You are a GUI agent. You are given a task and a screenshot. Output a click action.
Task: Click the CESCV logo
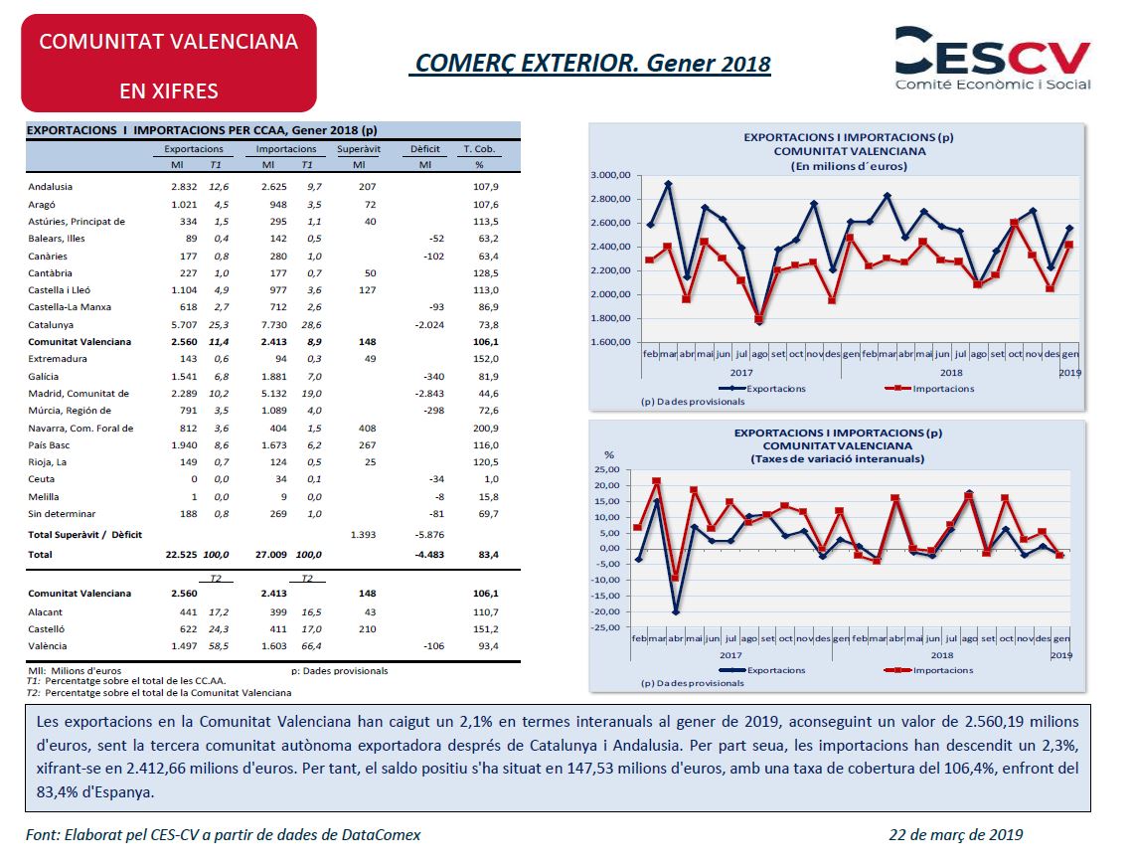992,59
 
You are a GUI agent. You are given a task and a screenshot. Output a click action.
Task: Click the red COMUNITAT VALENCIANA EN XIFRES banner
169,64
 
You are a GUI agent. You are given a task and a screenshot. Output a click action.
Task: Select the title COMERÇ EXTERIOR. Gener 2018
589,64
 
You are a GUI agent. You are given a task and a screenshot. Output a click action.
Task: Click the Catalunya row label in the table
51,324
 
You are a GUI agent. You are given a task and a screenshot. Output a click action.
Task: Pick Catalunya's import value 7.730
274,324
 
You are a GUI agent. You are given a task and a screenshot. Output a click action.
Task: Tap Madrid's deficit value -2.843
429,394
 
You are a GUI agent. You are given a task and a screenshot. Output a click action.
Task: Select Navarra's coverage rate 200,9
486,428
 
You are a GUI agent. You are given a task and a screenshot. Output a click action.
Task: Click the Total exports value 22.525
181,555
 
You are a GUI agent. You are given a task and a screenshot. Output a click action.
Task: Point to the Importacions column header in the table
286,149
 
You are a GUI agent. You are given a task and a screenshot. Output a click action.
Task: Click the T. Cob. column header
479,149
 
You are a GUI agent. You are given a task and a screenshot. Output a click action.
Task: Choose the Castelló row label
47,629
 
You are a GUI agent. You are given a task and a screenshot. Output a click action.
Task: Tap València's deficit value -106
433,646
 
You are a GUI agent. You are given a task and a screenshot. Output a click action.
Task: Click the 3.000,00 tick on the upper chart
610,175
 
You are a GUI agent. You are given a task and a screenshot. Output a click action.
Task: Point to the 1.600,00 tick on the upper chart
610,342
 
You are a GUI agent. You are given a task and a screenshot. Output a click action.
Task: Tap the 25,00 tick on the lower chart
607,469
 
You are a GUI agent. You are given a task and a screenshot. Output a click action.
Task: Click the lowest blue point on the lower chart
676,611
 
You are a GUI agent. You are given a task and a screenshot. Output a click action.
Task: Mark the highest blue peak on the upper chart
669,184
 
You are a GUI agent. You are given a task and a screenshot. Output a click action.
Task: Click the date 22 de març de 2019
955,835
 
